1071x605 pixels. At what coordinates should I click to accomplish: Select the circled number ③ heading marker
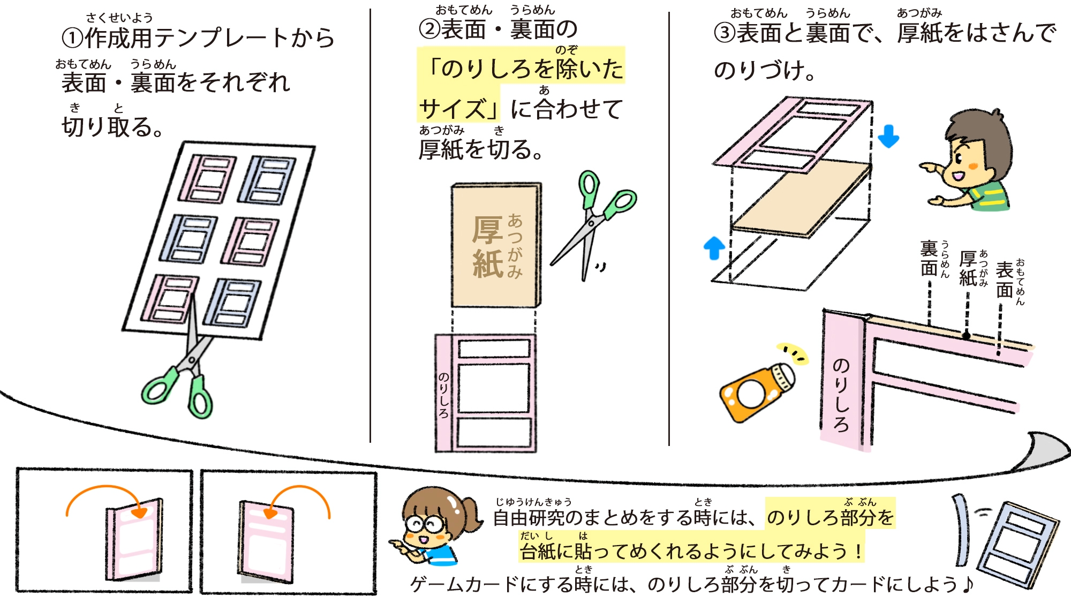tap(725, 33)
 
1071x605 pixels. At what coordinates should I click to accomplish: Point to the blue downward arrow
tap(888, 136)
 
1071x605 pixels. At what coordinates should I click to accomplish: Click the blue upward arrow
tap(714, 248)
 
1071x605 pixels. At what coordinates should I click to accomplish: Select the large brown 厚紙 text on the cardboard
tap(487, 247)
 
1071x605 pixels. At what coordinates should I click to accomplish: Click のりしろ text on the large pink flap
tap(841, 395)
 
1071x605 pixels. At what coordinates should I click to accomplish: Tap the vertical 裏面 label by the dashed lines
tap(929, 258)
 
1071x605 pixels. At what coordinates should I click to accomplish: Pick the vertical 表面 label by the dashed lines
tap(1005, 279)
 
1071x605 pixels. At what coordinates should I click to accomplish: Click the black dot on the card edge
tap(967, 336)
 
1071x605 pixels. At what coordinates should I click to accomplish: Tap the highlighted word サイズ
tap(453, 109)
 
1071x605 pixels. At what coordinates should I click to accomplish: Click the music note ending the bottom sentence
tap(967, 584)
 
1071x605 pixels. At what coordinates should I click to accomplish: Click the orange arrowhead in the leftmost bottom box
tap(140, 512)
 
